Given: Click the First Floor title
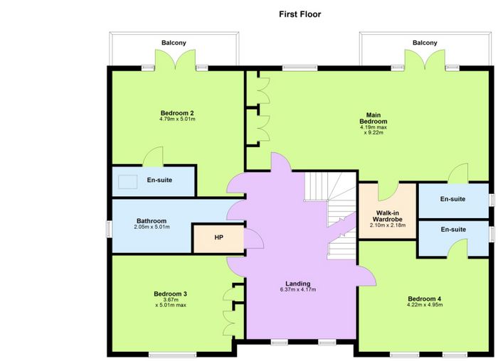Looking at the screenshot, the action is click(x=300, y=14).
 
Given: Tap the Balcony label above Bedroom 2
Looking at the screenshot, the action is click(x=174, y=43).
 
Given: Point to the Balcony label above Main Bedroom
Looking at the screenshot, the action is click(x=425, y=43).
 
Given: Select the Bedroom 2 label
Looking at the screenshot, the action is click(x=177, y=113).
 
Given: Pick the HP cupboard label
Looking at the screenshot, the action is click(x=218, y=237).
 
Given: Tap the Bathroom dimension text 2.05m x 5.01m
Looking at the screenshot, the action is click(x=152, y=227).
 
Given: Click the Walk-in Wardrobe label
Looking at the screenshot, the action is click(x=387, y=216).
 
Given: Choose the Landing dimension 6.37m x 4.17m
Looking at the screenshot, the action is click(x=297, y=290).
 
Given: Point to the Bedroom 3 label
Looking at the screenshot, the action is click(x=170, y=293).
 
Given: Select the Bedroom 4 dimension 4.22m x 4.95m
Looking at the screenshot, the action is click(x=425, y=305).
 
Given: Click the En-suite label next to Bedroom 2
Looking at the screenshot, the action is click(x=159, y=180).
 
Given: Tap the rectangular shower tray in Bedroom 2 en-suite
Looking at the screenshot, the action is click(x=127, y=182).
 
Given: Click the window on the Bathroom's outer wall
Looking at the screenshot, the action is click(x=109, y=229).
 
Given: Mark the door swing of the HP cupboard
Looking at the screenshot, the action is click(x=254, y=238).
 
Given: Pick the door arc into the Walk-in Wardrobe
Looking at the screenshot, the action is click(x=388, y=193).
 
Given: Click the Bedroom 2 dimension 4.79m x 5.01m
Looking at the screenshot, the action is click(x=177, y=119).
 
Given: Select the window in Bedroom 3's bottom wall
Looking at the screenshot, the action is click(x=172, y=355).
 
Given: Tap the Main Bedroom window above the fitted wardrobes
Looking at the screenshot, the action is click(x=300, y=68).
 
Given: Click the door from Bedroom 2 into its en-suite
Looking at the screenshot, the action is click(x=152, y=156).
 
